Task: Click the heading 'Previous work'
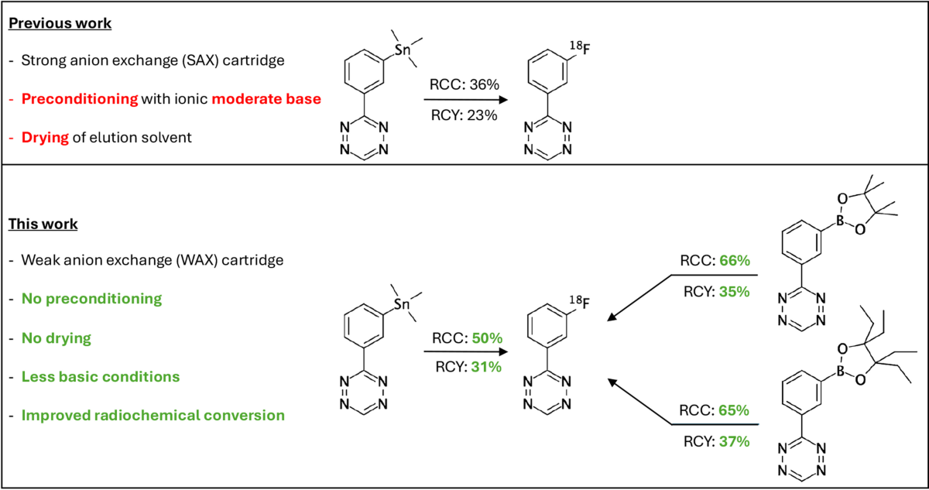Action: (60, 23)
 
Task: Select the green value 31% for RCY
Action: (483, 366)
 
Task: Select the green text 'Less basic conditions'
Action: (101, 377)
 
